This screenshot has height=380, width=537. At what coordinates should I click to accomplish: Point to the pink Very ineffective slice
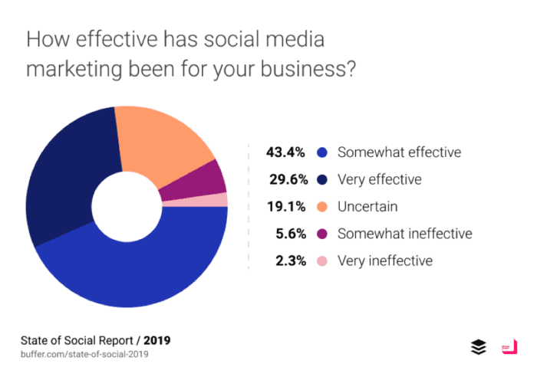[218, 200]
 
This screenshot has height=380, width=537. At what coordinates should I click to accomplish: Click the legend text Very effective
[380, 179]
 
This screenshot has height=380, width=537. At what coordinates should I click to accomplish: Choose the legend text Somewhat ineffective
[405, 234]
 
